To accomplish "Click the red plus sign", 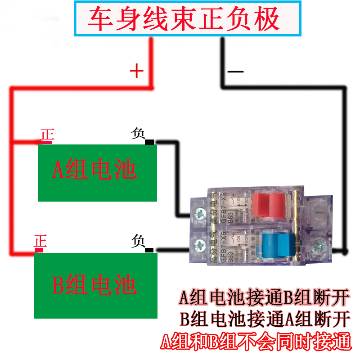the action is click(x=136, y=71).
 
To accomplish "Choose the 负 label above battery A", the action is click(x=138, y=134).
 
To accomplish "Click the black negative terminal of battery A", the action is click(x=149, y=143).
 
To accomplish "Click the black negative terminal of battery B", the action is click(x=149, y=250).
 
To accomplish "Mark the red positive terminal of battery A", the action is click(x=47, y=143).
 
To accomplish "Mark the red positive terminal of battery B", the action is click(x=39, y=250).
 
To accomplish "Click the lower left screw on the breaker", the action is click(x=198, y=246).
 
